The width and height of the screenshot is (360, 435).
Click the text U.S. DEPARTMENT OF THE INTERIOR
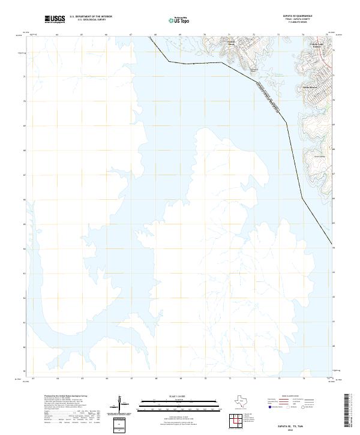point(91,16)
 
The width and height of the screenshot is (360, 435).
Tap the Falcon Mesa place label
point(232,44)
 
